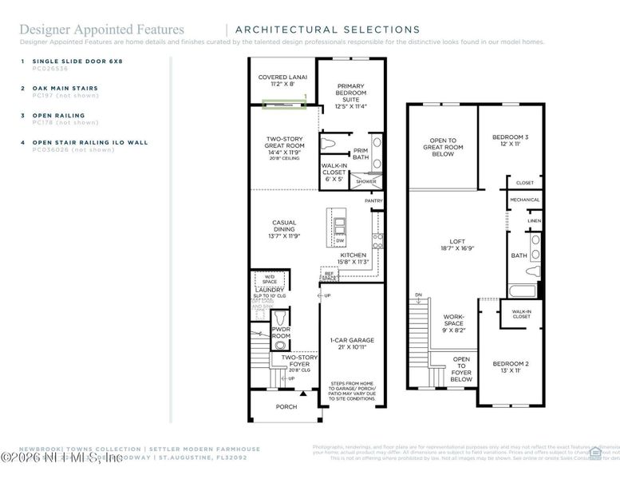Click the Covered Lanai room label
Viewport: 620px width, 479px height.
[x=277, y=80]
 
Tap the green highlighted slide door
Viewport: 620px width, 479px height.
[x=283, y=102]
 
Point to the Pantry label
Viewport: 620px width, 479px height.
[x=373, y=201]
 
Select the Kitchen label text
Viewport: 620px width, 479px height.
[x=353, y=258]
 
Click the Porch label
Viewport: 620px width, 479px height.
[x=286, y=407]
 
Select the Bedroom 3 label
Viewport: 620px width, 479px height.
[x=509, y=141]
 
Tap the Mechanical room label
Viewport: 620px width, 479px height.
[x=524, y=200]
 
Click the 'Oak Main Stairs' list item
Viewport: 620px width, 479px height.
[x=65, y=88]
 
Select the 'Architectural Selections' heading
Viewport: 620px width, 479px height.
[x=327, y=30]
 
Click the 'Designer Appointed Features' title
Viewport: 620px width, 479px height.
[x=101, y=30]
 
